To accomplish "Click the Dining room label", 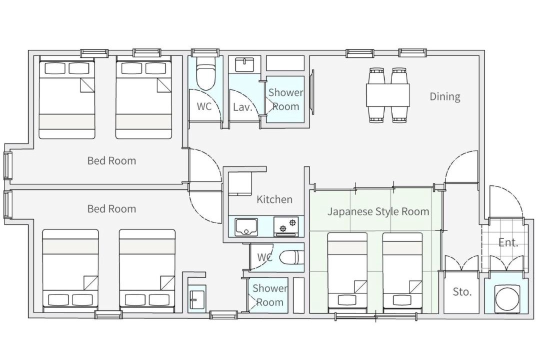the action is click(444, 97).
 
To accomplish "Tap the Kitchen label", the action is click(274, 199).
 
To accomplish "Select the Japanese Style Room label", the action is click(378, 211).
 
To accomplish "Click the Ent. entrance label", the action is click(508, 242).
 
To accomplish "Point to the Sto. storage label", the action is click(462, 292).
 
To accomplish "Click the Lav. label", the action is click(243, 107).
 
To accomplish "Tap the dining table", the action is click(388, 95).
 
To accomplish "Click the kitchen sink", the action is click(246, 227).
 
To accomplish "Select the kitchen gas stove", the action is click(286, 226).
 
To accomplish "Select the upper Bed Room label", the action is click(111, 161).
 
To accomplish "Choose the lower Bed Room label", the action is click(111, 209).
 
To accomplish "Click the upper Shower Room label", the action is click(285, 99).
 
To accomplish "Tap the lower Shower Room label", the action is click(269, 295).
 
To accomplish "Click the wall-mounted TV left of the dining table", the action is click(312, 92).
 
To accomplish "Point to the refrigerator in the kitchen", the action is click(240, 184).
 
